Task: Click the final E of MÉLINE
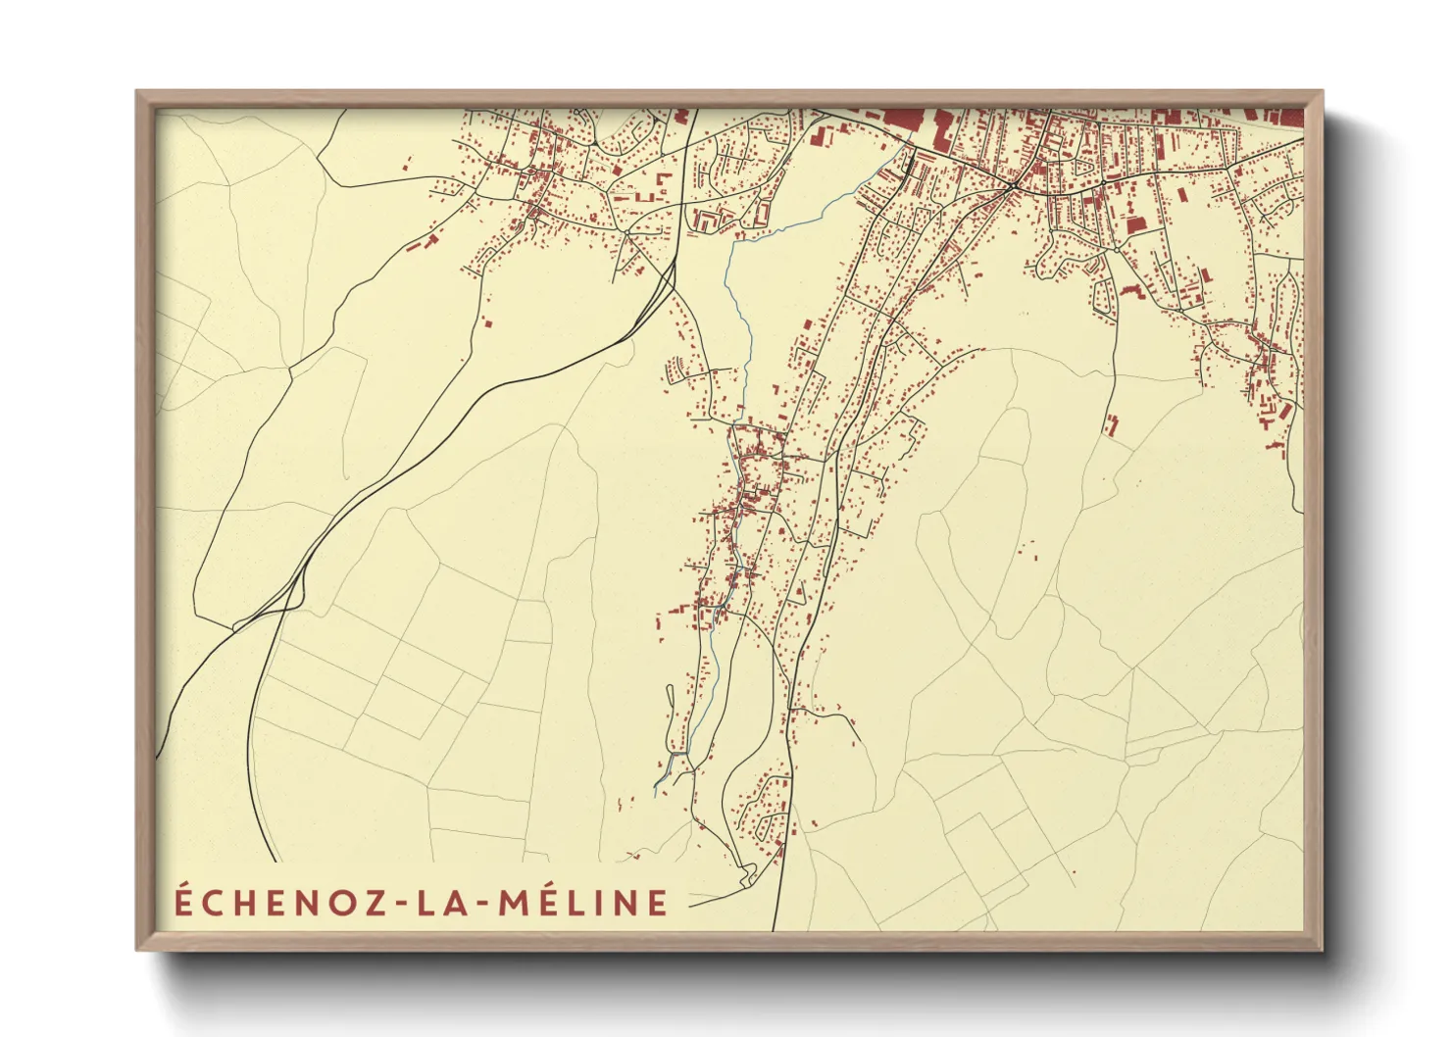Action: click(x=658, y=903)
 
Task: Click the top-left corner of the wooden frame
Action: click(x=138, y=93)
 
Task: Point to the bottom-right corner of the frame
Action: click(x=1322, y=949)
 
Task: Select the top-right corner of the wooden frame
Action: click(x=1322, y=93)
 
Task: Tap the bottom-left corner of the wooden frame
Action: click(x=138, y=949)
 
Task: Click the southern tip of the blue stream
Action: click(x=655, y=786)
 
